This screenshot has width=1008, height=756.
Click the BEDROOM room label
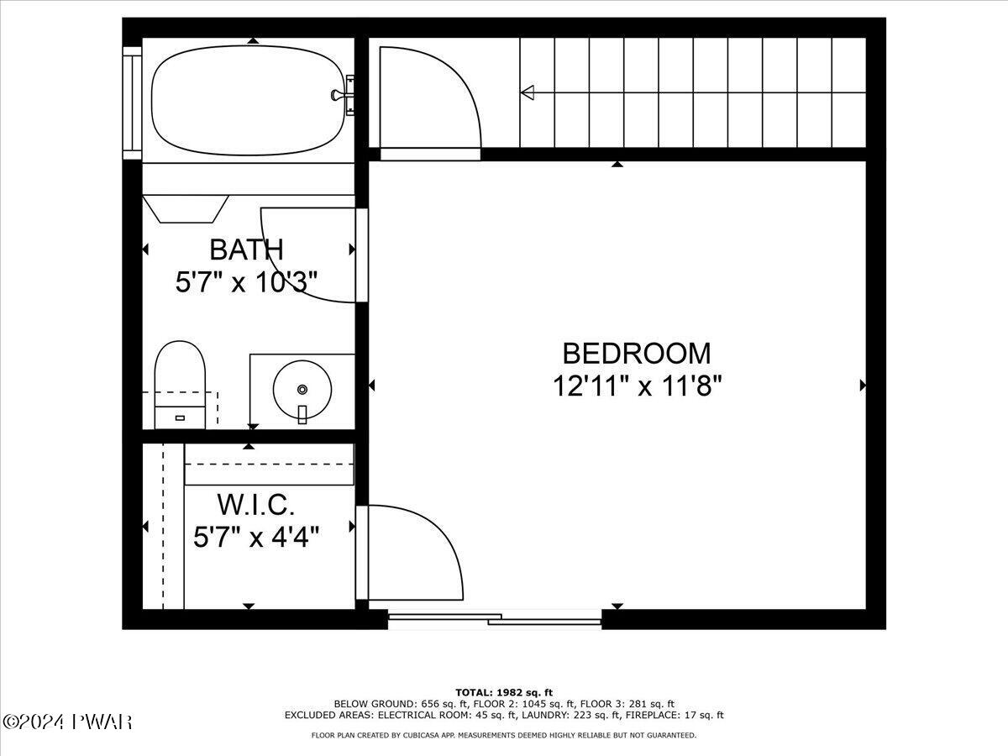(636, 353)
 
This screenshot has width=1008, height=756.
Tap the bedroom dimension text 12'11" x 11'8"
(637, 386)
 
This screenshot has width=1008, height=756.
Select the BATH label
(246, 249)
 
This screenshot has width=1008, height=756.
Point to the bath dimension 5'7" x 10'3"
(246, 282)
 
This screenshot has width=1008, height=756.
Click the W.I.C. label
(255, 505)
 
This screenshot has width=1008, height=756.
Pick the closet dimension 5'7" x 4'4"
(255, 536)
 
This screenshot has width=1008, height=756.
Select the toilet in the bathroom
(181, 384)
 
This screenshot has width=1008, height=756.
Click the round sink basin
(302, 390)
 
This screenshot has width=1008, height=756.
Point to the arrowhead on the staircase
(528, 92)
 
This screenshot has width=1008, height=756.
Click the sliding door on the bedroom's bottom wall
(495, 621)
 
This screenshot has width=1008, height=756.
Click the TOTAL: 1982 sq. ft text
(504, 691)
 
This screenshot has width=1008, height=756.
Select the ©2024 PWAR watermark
(67, 722)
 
